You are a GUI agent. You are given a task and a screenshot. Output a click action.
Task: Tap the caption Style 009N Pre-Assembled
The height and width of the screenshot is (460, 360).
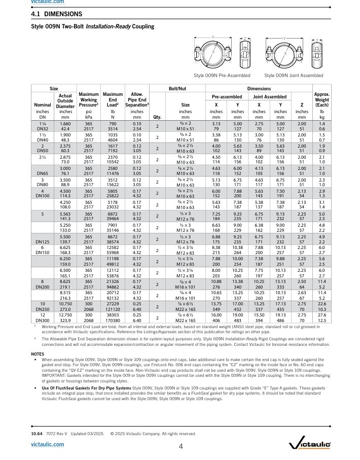tap(222, 76)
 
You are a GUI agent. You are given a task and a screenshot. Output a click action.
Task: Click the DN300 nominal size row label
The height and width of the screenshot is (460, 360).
tap(43, 293)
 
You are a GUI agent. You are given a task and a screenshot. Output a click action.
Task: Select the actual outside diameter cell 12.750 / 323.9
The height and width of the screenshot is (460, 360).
tap(65, 290)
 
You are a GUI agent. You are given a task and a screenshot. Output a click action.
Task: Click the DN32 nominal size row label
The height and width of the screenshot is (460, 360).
tap(43, 129)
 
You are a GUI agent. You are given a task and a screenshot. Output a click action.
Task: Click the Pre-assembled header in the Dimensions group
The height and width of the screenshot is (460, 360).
tap(227, 96)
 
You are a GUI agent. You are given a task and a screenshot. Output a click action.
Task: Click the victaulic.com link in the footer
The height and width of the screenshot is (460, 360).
tap(48, 444)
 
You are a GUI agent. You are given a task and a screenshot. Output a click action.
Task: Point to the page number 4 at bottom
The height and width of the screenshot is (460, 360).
tap(181, 447)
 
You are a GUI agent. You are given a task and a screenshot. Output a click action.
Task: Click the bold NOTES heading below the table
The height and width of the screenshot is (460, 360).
tap(38, 353)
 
